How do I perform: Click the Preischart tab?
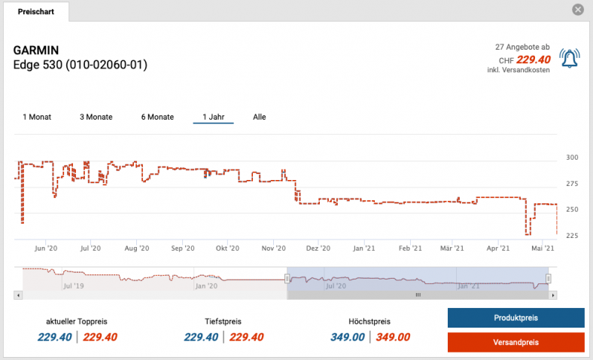(x=35, y=12)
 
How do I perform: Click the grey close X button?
(x=578, y=10)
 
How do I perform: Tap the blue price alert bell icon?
(x=570, y=59)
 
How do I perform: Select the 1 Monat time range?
(x=37, y=117)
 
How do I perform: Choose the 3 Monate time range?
(x=96, y=117)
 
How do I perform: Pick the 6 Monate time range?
(x=157, y=117)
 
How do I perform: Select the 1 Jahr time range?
(x=213, y=117)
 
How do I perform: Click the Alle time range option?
(x=260, y=117)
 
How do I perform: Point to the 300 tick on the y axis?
(x=572, y=157)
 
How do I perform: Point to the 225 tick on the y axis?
(x=572, y=236)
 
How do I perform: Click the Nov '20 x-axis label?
(x=274, y=248)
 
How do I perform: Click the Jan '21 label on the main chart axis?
(x=364, y=248)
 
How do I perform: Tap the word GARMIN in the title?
(x=35, y=50)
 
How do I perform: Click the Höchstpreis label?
(x=369, y=322)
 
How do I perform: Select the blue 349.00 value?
(x=348, y=337)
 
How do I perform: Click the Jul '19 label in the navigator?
(x=73, y=286)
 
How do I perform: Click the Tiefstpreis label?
(x=223, y=322)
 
